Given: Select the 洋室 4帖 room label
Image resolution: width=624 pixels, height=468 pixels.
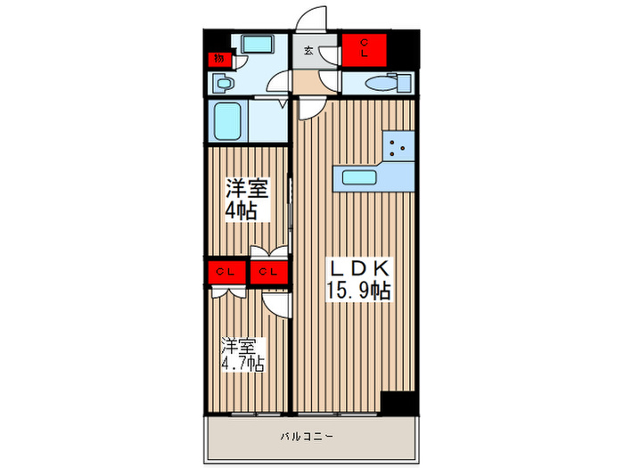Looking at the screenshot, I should pos(247,200).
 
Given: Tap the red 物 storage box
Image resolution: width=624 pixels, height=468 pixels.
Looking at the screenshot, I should pos(218,59).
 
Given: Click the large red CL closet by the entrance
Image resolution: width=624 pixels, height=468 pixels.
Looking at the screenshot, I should pos(366,49).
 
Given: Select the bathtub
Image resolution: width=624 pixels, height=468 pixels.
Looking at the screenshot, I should pos(227,121).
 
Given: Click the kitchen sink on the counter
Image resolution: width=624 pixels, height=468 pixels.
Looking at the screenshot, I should pos(359,177).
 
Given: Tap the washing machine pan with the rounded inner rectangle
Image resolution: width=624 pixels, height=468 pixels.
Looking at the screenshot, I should pos(259,45).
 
